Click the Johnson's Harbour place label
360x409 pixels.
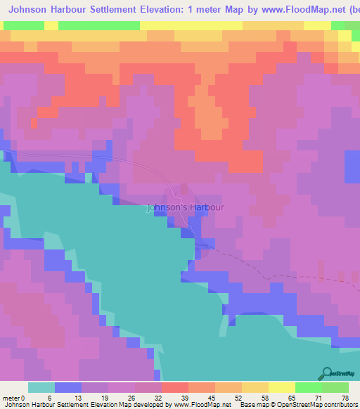click(x=186, y=208)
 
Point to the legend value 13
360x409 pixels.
click(x=69, y=397)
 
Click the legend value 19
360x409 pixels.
click(x=96, y=397)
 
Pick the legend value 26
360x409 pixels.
click(x=122, y=397)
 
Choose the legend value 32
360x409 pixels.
click(x=149, y=397)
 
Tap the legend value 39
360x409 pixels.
click(x=176, y=397)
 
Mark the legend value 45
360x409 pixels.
click(x=202, y=397)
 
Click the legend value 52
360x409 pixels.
click(x=229, y=397)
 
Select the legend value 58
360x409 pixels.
click(x=256, y=397)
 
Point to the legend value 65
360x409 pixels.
click(x=283, y=397)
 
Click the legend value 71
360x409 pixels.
click(x=309, y=397)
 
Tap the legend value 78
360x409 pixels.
click(x=336, y=397)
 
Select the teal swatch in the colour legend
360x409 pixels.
click(x=41, y=387)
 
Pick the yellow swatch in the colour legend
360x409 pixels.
click(x=281, y=387)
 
